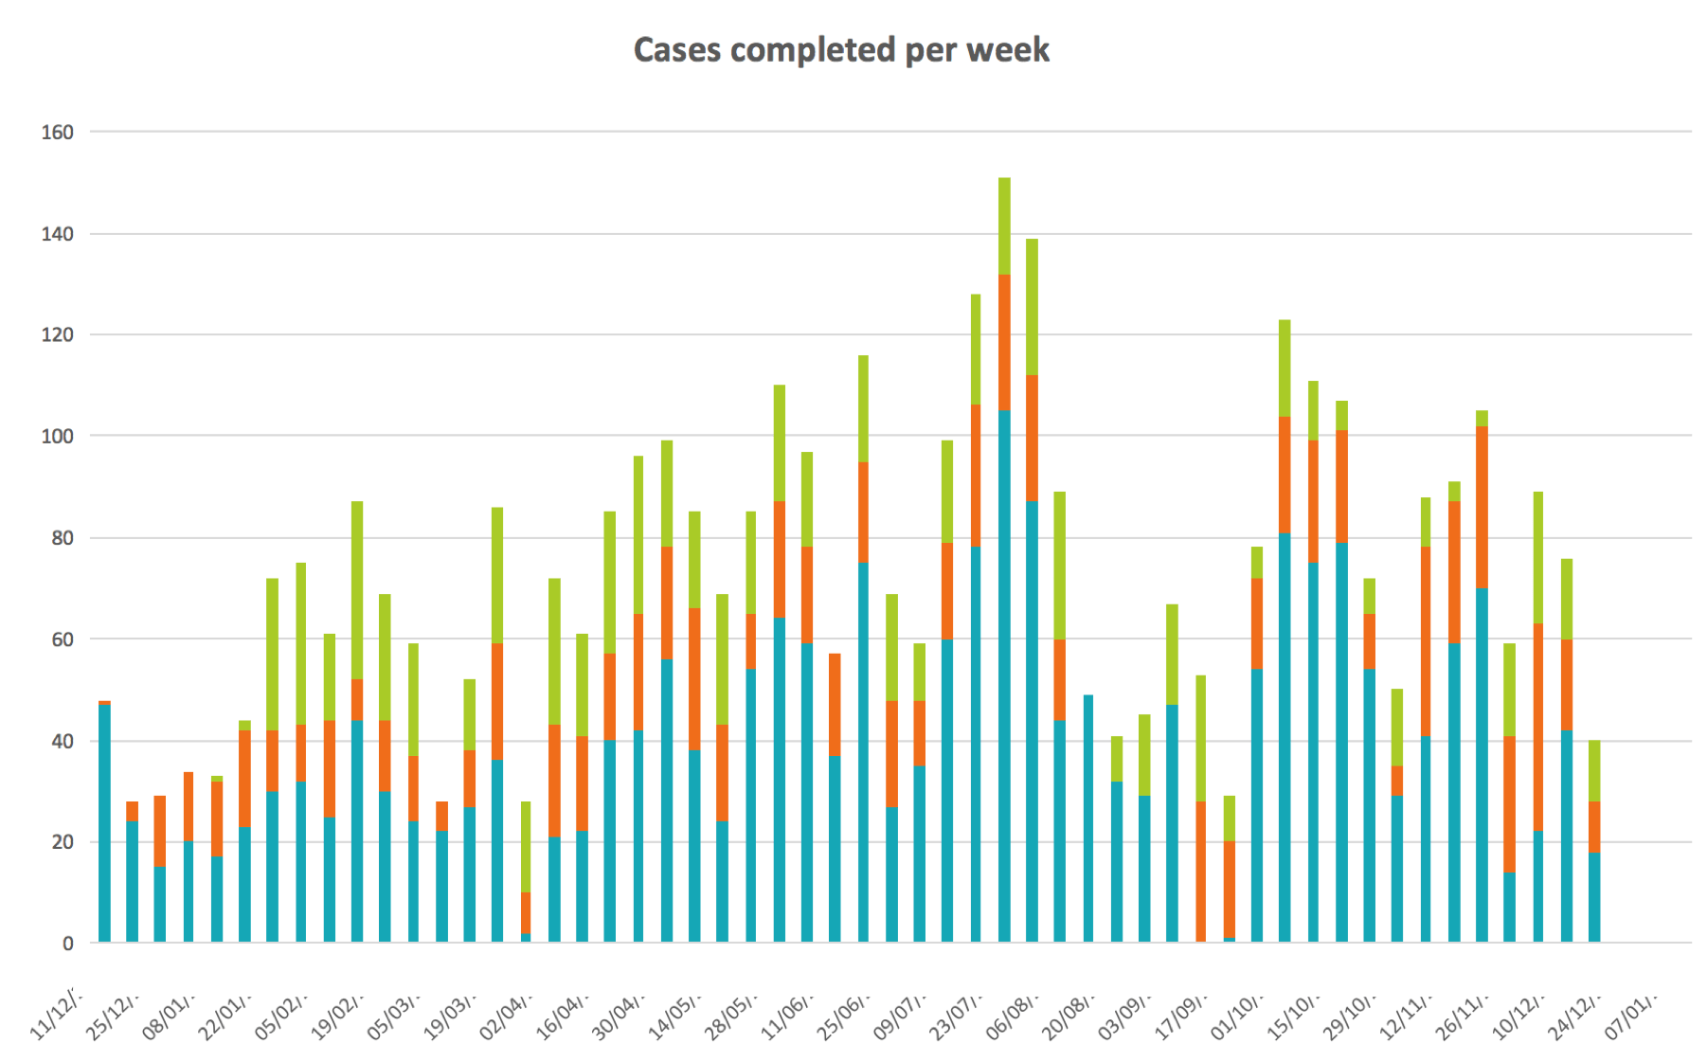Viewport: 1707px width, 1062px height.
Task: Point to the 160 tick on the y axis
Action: pos(57,133)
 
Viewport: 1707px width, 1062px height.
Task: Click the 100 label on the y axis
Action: pos(57,437)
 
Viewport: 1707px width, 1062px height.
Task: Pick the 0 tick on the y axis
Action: pos(68,944)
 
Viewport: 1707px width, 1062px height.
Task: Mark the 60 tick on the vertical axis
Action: pos(62,639)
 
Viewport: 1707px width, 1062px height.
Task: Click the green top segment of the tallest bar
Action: pos(1004,225)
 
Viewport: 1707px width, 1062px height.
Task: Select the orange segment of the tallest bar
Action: pos(1004,342)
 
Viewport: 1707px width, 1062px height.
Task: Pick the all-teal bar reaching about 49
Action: pos(1088,819)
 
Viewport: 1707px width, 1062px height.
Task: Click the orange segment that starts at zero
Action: pos(1201,872)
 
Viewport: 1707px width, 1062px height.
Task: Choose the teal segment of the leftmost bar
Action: pos(104,824)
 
